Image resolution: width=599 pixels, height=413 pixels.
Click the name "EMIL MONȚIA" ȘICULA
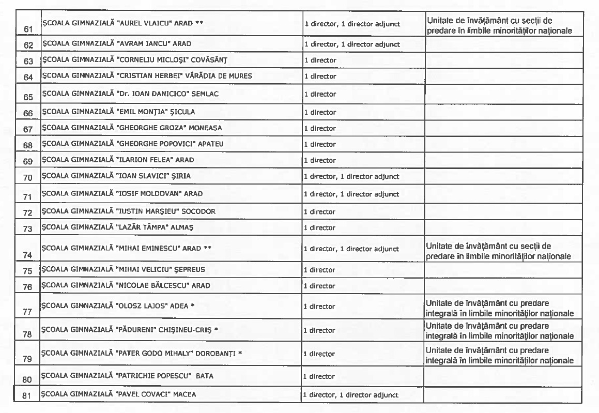[x=118, y=112]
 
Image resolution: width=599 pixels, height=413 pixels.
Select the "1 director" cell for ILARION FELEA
[x=320, y=160]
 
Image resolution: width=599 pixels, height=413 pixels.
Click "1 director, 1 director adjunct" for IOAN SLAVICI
[x=351, y=176]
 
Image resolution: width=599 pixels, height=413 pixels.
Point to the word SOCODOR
[x=198, y=211]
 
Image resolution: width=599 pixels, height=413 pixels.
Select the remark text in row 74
[x=499, y=251]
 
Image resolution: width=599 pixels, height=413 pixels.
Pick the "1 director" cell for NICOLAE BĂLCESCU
[x=320, y=286]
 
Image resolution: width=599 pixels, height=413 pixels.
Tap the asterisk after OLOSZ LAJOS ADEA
[x=192, y=306]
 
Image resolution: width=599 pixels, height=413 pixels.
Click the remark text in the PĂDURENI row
[x=499, y=331]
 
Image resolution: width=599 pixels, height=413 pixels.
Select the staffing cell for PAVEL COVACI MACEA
[x=351, y=395]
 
